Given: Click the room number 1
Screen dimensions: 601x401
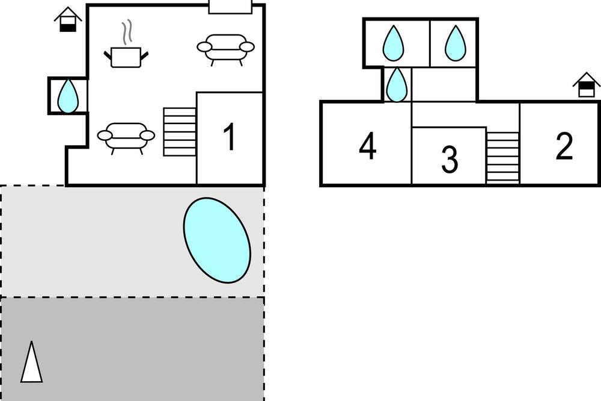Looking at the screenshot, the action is click(229, 137).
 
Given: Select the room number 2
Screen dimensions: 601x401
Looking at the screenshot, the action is click(564, 146).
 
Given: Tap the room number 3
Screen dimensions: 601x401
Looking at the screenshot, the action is click(450, 159).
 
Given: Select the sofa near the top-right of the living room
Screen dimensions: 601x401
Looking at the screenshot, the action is click(226, 49).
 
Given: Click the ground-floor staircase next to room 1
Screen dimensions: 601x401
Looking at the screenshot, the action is click(180, 132).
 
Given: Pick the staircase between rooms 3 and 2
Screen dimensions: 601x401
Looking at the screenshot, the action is click(503, 157).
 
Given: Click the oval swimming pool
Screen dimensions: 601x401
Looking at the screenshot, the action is click(217, 240).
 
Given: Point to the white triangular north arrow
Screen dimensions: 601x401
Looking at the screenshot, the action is click(31, 362).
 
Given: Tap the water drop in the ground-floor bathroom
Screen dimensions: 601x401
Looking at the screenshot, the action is click(68, 96).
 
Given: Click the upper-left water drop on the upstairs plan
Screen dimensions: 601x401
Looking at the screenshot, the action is click(393, 43).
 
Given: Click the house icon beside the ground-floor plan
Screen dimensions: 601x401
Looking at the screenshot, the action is click(68, 19).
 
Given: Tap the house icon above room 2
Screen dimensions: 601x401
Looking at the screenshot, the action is click(586, 85).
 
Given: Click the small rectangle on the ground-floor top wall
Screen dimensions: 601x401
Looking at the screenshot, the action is click(230, 7).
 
